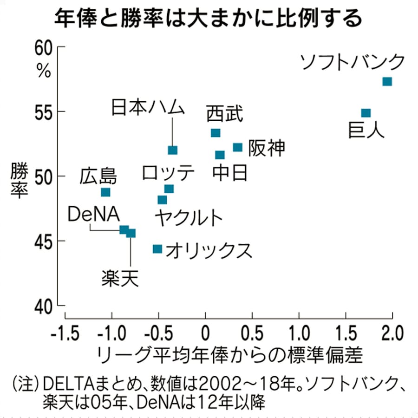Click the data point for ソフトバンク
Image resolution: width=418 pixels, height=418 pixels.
[x=387, y=82]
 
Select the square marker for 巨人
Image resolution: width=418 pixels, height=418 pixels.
[x=366, y=113]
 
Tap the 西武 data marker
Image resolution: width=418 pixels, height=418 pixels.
[x=216, y=133]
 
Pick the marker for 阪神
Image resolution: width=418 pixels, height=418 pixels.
[x=237, y=147]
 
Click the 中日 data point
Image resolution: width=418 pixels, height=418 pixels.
[x=220, y=155]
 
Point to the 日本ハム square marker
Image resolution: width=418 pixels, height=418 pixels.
[x=172, y=150]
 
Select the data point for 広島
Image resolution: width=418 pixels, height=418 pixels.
[x=106, y=192]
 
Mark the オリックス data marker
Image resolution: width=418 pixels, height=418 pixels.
[x=157, y=249]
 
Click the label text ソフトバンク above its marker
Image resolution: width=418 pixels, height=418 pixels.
[x=353, y=62]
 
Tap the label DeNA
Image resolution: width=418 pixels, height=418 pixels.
[x=93, y=215]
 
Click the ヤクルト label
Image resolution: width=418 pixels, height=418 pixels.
[x=188, y=217]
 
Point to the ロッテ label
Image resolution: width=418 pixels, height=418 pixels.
[x=168, y=173]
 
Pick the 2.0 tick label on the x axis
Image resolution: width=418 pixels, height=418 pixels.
[x=392, y=333]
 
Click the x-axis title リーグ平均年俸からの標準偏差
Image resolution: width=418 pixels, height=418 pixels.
[x=229, y=355]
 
